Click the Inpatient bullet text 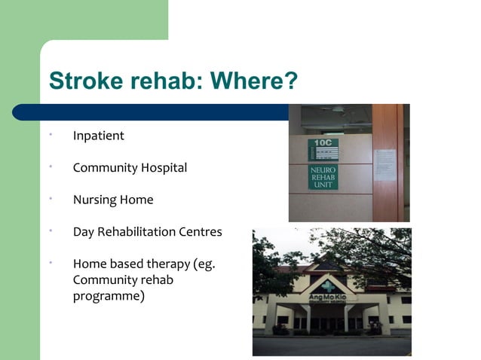pyautogui.click(x=98, y=136)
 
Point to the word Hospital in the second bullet pyautogui.click(x=162, y=168)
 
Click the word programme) pyautogui.click(x=109, y=296)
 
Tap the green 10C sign pyautogui.click(x=323, y=148)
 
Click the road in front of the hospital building pyautogui.click(x=332, y=346)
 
